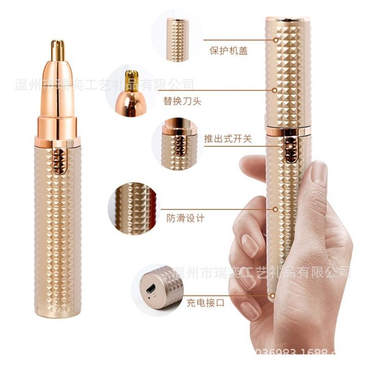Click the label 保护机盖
pos(229,51)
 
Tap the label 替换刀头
pos(182,100)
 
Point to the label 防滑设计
pos(186,218)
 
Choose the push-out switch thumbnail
pos(178,138)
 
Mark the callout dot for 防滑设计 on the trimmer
pos(276,208)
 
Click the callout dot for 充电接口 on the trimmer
pos(275,293)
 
